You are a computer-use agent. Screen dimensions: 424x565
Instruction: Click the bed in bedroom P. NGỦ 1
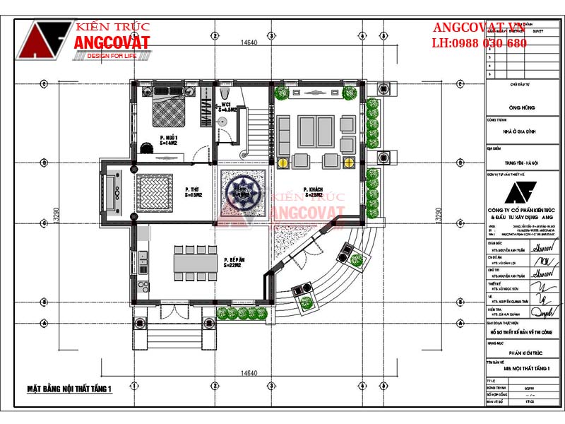click(172, 111)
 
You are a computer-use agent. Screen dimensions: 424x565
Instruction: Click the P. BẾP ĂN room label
click(234, 262)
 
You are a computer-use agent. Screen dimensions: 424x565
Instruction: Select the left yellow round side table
click(282, 162)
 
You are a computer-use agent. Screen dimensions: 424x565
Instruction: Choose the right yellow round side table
click(347, 162)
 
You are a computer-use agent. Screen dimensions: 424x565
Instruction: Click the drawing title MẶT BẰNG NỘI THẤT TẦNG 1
click(70, 388)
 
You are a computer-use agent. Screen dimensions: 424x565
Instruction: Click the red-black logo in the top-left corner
click(45, 40)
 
